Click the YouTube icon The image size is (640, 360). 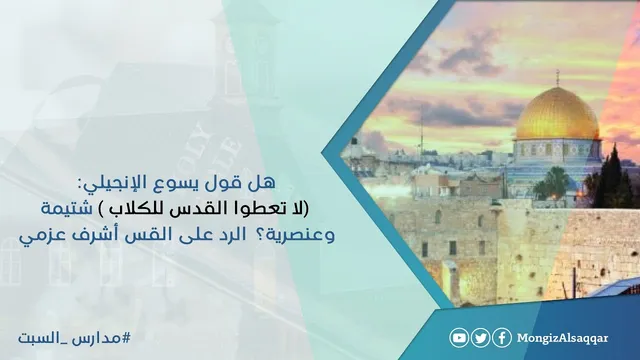459,338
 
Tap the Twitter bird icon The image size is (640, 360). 481,338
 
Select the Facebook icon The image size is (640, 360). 502,338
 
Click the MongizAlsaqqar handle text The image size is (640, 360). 562,339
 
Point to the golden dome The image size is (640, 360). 558,114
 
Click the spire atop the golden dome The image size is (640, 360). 558,78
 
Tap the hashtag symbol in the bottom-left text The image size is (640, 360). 127,338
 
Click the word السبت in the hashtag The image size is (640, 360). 36,338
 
